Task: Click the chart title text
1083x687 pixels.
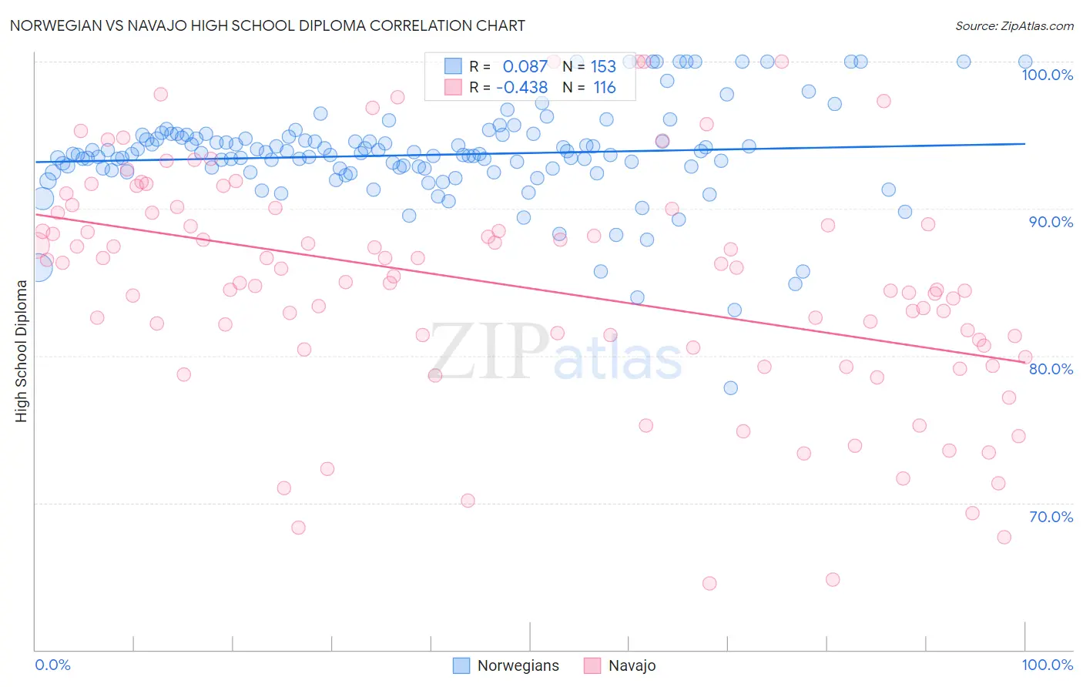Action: (x=267, y=25)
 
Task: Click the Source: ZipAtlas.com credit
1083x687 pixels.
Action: (x=1014, y=25)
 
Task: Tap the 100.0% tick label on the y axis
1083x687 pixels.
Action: (x=1047, y=75)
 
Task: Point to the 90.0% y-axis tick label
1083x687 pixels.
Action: (x=1051, y=222)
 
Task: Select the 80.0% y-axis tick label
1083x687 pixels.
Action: (x=1051, y=369)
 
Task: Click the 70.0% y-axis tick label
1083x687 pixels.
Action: (x=1051, y=517)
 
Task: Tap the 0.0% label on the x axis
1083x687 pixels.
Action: (x=53, y=665)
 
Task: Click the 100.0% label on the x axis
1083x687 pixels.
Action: (x=1047, y=665)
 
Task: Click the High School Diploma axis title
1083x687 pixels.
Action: (x=21, y=350)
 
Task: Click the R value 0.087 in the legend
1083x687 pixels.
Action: (x=525, y=66)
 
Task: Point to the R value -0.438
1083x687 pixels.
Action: (x=521, y=87)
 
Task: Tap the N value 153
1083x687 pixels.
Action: (x=603, y=66)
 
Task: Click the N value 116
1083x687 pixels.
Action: (x=605, y=87)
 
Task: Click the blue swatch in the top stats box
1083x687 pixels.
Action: (x=453, y=66)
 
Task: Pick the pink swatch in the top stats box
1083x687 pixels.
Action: (x=453, y=87)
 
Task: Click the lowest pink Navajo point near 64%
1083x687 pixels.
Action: (x=709, y=583)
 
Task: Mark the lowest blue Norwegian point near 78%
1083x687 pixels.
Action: (x=730, y=387)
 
